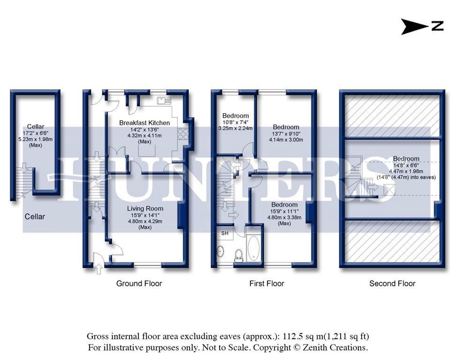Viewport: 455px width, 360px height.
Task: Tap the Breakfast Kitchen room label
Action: click(144, 123)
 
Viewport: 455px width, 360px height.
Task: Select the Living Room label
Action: click(145, 209)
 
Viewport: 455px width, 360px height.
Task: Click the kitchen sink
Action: click(164, 100)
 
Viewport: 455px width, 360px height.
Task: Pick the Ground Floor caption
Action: click(139, 283)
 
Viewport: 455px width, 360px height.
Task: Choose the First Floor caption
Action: click(267, 283)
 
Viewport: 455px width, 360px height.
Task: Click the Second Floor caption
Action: click(392, 283)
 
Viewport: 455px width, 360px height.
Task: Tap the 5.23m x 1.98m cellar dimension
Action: click(35, 139)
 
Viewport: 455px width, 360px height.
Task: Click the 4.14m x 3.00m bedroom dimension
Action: click(286, 140)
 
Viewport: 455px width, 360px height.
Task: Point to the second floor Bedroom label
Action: click(406, 158)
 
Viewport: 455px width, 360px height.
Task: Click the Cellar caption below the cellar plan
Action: click(35, 217)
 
